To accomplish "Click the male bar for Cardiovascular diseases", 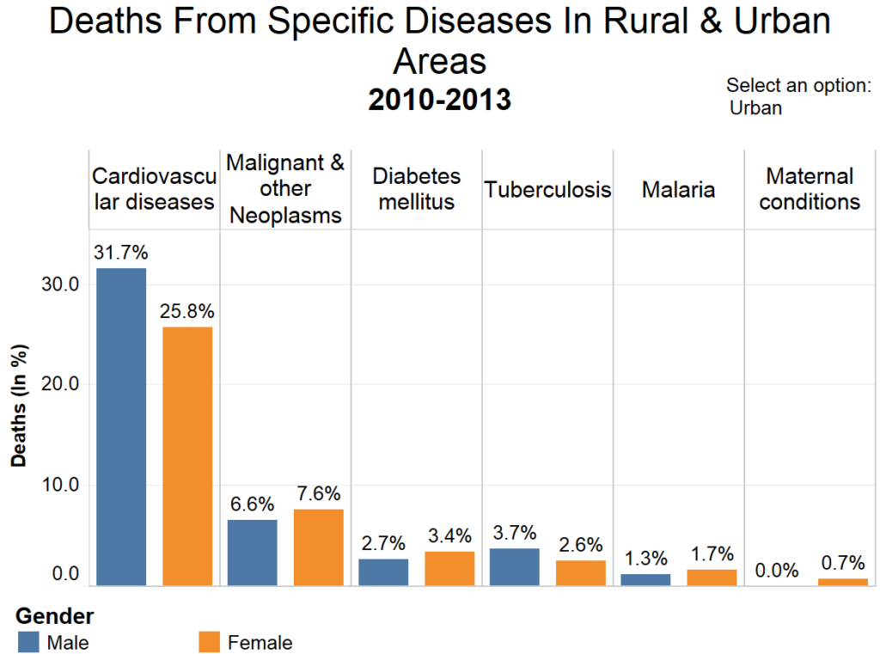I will click(x=121, y=426).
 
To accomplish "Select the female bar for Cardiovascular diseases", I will click(x=187, y=455).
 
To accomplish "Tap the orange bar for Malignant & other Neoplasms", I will click(x=318, y=547).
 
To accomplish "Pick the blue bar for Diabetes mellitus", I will click(x=383, y=572).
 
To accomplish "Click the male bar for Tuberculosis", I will click(x=515, y=567).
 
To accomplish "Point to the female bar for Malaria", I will click(x=712, y=578).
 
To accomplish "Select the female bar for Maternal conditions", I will click(x=842, y=582).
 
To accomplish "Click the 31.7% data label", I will click(x=121, y=253).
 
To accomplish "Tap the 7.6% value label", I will click(x=318, y=494).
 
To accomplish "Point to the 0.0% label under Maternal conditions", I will click(x=777, y=571).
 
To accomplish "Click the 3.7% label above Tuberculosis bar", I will click(x=515, y=533).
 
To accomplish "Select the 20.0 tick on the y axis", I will click(x=61, y=384).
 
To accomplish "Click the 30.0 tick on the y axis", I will click(x=61, y=284).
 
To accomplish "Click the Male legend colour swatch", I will click(x=28, y=642).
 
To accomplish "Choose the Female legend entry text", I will click(x=260, y=643).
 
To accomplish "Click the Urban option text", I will click(x=755, y=108).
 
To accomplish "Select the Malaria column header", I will click(x=678, y=190).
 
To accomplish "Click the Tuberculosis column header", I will click(x=547, y=190).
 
